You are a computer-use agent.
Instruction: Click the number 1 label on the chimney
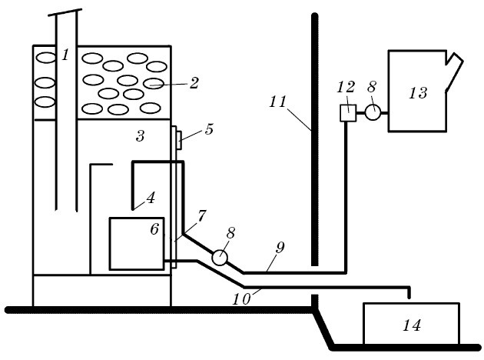[66, 55]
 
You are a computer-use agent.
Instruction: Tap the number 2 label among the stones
[194, 83]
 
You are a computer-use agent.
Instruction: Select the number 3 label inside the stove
[140, 137]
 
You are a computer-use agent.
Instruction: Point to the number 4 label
[151, 198]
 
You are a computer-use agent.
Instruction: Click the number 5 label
[209, 129]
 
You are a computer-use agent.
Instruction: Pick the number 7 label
[201, 217]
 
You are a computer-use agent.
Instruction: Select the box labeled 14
[411, 325]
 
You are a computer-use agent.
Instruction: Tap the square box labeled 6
[136, 244]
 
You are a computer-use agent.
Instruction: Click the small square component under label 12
[347, 113]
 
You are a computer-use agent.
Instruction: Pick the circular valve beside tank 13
[373, 113]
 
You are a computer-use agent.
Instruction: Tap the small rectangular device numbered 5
[178, 140]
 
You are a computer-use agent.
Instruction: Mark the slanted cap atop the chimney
[68, 14]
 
